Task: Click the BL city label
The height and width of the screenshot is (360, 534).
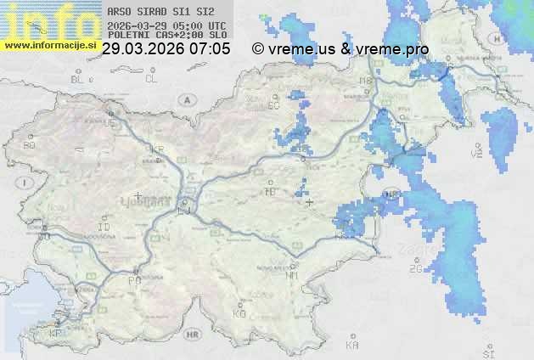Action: coord(78,79)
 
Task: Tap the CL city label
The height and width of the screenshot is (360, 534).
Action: coord(151,79)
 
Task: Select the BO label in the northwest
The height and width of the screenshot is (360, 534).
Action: coord(30,145)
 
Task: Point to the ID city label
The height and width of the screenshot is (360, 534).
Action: coord(104,228)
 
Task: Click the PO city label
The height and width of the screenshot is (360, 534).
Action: coord(134,279)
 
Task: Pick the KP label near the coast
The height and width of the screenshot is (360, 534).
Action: coord(56,334)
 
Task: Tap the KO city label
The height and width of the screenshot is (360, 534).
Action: coord(239,313)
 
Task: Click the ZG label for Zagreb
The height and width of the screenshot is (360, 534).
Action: coord(415,268)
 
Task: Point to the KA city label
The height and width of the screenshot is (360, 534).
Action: coord(353,346)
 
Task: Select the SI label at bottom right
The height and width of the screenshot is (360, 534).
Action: coord(488,353)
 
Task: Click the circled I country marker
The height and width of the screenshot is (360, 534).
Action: coord(27,183)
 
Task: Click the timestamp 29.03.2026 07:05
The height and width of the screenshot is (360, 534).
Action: coord(166,49)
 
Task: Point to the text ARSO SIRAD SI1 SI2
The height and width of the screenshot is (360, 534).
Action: coord(155,13)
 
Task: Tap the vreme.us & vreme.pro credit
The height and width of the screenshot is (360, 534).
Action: coord(340,49)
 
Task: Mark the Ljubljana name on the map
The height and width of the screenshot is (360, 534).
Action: coord(143,204)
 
